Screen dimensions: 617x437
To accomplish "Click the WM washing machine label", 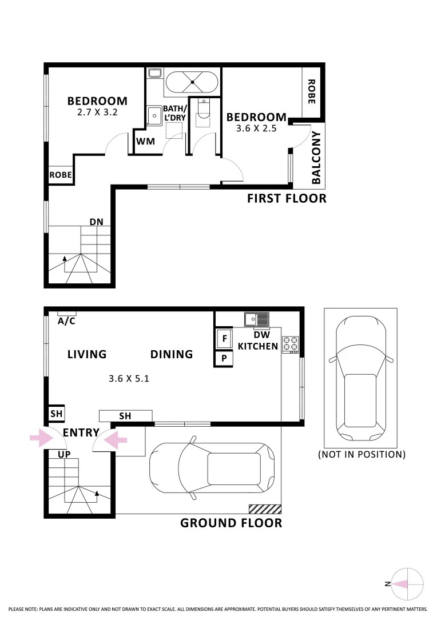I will (146, 141).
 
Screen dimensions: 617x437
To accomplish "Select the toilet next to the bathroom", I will (204, 111).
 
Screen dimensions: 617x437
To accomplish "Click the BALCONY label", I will (316, 158).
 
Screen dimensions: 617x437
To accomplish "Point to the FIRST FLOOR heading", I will (287, 199).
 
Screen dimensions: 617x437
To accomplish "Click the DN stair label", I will (96, 222).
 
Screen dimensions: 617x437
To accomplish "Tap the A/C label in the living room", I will (67, 321).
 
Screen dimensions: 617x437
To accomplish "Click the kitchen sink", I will (256, 319).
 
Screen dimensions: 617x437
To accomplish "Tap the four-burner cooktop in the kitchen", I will (291, 344).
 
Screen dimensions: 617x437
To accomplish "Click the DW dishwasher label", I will (261, 335).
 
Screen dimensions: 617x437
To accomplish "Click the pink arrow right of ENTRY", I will (116, 439).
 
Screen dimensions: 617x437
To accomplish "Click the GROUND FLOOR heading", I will (231, 523).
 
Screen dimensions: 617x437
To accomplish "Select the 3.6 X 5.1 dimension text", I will (129, 378).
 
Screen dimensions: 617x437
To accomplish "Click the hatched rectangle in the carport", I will (265, 508).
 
